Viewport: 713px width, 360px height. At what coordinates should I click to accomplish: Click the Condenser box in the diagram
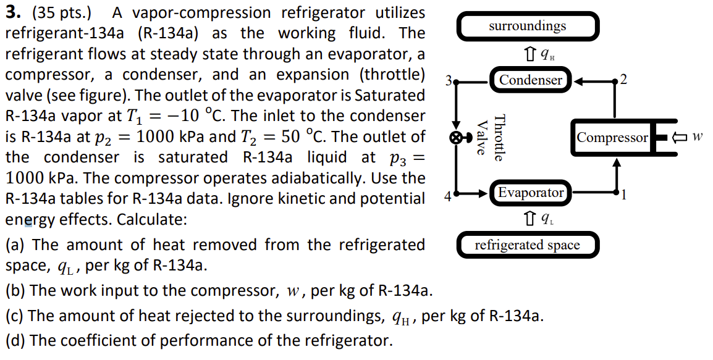click(531, 80)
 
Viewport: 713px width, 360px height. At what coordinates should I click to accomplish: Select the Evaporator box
click(531, 193)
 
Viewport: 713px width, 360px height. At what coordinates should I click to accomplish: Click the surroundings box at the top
click(527, 27)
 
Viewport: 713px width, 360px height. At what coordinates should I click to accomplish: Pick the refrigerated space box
click(527, 245)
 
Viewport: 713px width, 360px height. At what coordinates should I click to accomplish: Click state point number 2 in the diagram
click(625, 79)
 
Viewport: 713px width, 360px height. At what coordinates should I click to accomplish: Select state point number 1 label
click(625, 196)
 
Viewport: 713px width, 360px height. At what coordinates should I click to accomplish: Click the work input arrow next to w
click(680, 137)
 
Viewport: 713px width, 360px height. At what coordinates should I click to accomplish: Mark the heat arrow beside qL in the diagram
click(528, 218)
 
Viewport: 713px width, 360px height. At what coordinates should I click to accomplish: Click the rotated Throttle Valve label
click(491, 138)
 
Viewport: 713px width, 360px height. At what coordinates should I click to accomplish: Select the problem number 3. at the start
click(12, 12)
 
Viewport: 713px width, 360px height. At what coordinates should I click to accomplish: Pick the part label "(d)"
click(15, 340)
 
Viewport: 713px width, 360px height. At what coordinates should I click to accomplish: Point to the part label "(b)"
click(15, 290)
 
